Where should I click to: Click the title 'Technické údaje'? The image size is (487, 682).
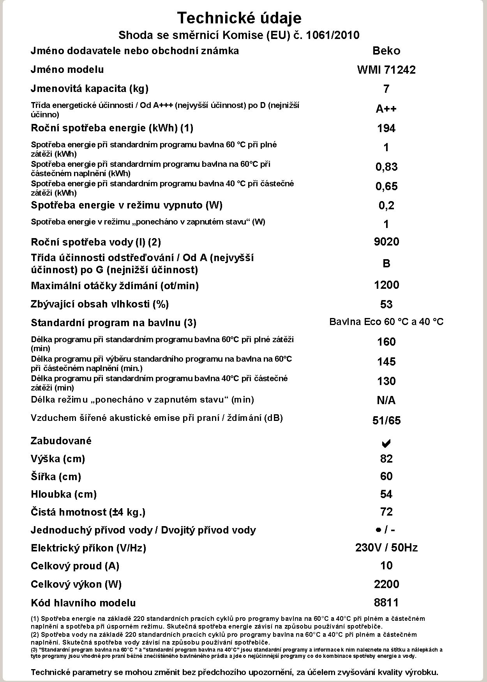pyautogui.click(x=239, y=18)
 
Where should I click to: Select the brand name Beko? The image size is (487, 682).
pyautogui.click(x=386, y=51)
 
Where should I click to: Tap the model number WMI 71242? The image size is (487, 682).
pyautogui.click(x=386, y=70)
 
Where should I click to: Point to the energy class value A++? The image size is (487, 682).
pyautogui.click(x=386, y=109)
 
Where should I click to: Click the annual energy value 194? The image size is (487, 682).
pyautogui.click(x=386, y=128)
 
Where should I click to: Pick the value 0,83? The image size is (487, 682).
pyautogui.click(x=386, y=167)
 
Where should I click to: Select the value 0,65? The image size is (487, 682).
pyautogui.click(x=386, y=186)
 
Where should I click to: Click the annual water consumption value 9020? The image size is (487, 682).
pyautogui.click(x=386, y=242)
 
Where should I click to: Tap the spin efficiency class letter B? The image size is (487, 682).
pyautogui.click(x=386, y=263)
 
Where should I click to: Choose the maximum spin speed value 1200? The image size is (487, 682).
pyautogui.click(x=386, y=285)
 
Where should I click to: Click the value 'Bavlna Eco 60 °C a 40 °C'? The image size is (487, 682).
pyautogui.click(x=386, y=322)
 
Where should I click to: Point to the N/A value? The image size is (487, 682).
pyautogui.click(x=386, y=400)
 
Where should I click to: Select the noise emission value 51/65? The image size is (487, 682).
pyautogui.click(x=386, y=421)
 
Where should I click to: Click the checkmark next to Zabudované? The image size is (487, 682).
pyautogui.click(x=386, y=443)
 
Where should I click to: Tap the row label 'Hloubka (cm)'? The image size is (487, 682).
pyautogui.click(x=64, y=494)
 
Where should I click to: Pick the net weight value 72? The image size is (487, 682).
pyautogui.click(x=386, y=512)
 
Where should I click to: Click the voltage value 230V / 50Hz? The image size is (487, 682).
pyautogui.click(x=386, y=548)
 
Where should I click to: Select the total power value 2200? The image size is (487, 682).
pyautogui.click(x=386, y=584)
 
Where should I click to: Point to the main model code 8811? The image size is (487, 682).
pyautogui.click(x=386, y=602)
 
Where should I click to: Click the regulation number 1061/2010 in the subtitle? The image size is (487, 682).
pyautogui.click(x=333, y=35)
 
